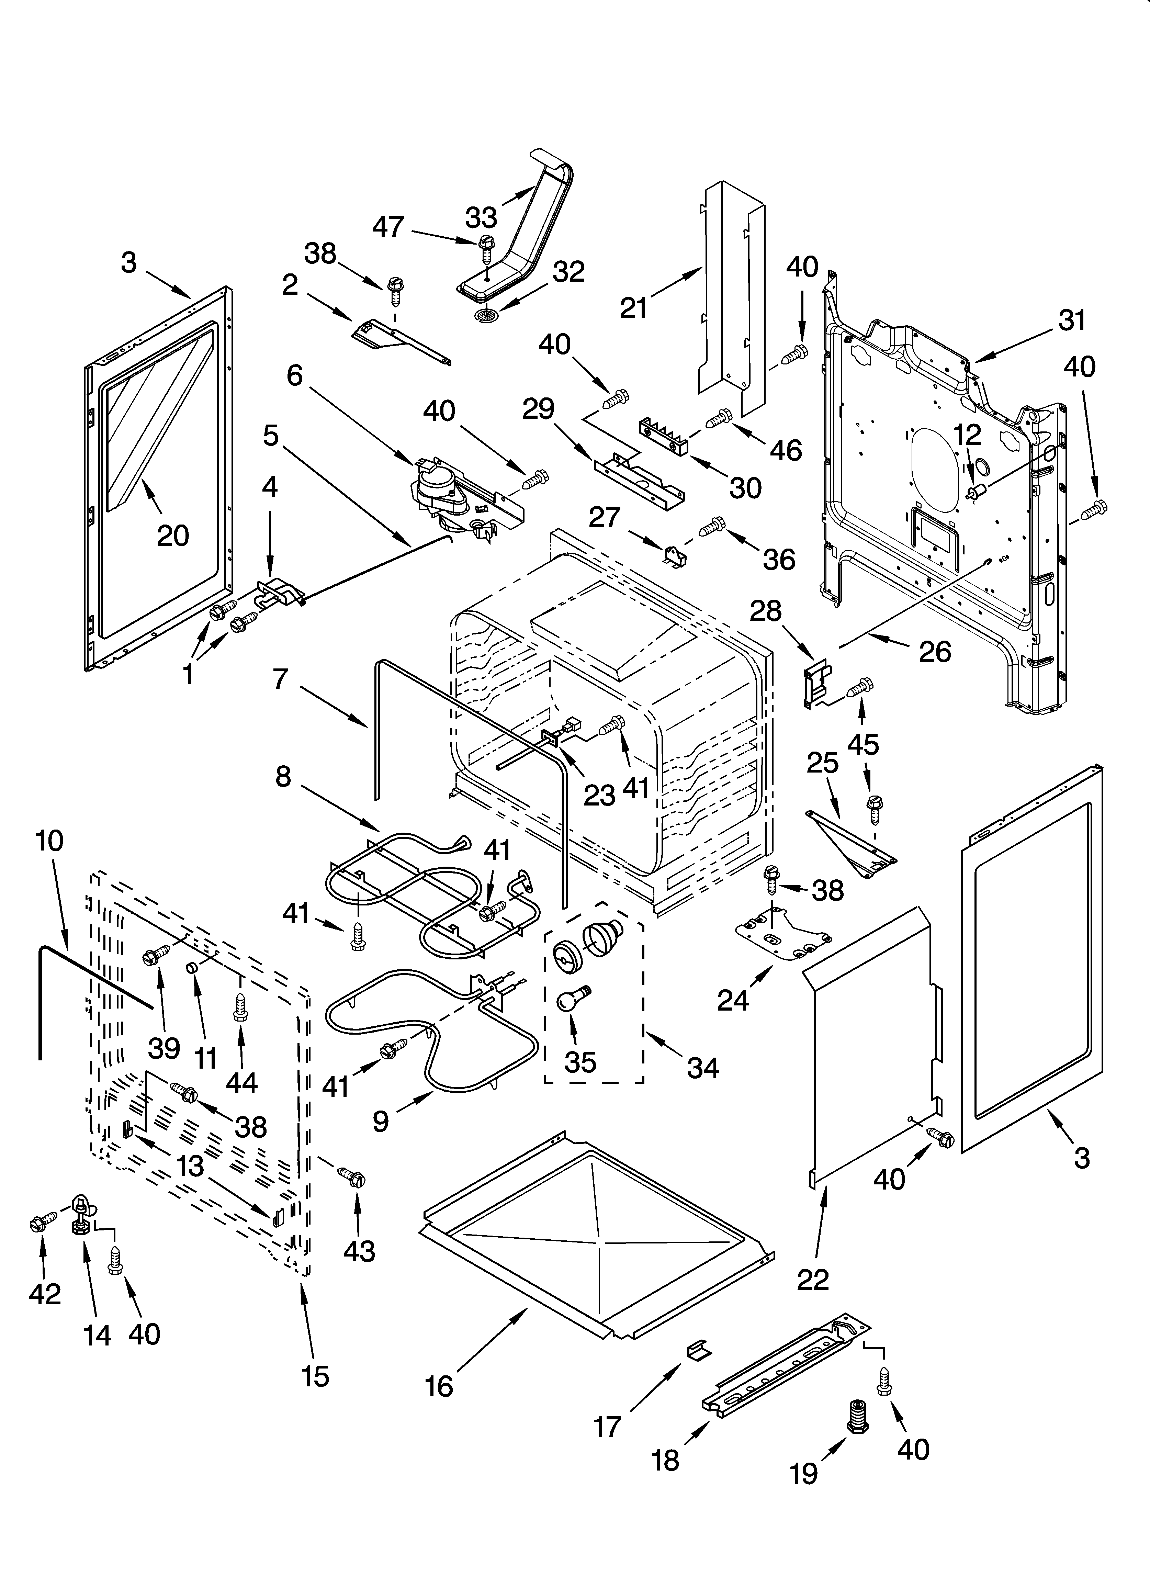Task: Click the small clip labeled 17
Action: (x=698, y=1349)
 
